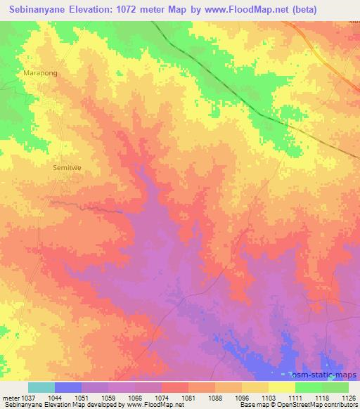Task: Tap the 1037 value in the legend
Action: coord(28,397)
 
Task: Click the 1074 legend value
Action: coord(162,397)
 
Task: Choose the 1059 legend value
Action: coord(109,397)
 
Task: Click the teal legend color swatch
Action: coord(41,387)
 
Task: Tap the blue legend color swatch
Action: coord(68,387)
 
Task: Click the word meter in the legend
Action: coord(10,397)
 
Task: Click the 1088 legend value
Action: coord(215,397)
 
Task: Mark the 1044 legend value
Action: coord(55,397)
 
